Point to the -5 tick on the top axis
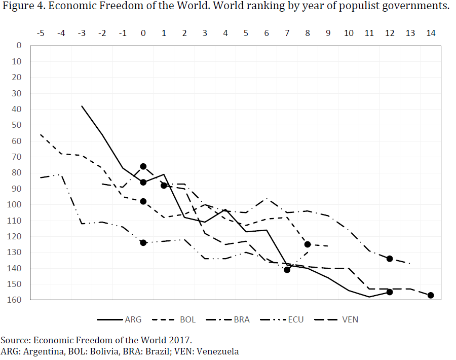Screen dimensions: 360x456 (x=41, y=33)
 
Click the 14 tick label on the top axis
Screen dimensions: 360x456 (x=431, y=33)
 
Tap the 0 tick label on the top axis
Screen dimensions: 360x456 (x=143, y=33)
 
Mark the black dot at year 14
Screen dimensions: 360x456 (x=431, y=295)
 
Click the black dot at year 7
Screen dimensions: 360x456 (x=287, y=270)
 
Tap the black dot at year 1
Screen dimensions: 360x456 (x=164, y=186)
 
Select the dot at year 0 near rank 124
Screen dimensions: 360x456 (x=143, y=243)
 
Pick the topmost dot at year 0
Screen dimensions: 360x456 (x=143, y=166)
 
